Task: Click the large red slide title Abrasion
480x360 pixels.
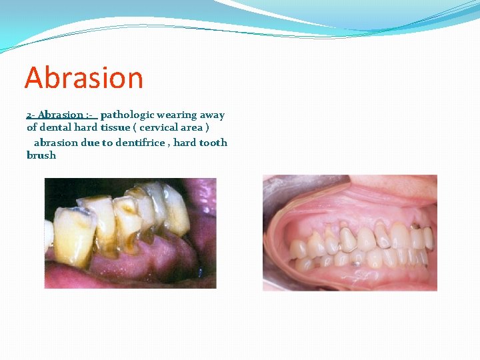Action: [84, 78]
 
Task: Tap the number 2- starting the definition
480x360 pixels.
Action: [31, 115]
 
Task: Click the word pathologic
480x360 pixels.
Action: [127, 115]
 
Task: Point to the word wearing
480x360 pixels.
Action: [178, 115]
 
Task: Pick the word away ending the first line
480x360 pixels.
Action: [213, 115]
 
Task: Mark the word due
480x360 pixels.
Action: [90, 143]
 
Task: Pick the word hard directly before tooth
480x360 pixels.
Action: [185, 143]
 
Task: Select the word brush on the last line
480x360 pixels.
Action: [41, 155]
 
